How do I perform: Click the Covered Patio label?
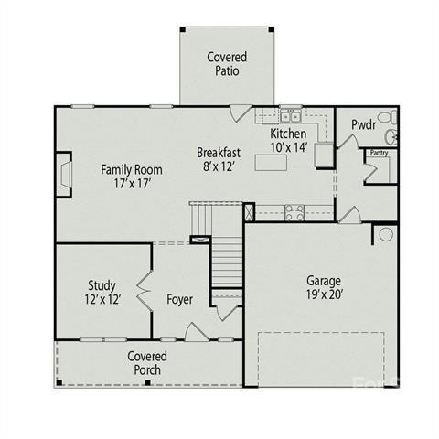[x=226, y=63]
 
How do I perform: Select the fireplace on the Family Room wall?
[x=62, y=175]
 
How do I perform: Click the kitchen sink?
[x=291, y=116]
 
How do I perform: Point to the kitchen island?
[x=271, y=163]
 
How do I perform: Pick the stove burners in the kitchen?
[x=294, y=212]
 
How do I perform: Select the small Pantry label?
[x=379, y=154]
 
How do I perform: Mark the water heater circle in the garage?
[x=385, y=235]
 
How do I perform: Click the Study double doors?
[x=143, y=292]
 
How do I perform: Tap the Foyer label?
[x=179, y=299]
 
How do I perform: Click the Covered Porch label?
[x=145, y=363]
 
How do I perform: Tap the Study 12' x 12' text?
[x=102, y=292]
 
